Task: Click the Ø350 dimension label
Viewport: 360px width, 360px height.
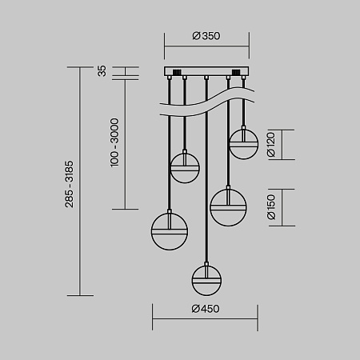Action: pyautogui.click(x=206, y=36)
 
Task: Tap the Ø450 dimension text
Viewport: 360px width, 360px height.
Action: pyautogui.click(x=206, y=309)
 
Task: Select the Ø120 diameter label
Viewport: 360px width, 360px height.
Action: pyautogui.click(x=271, y=145)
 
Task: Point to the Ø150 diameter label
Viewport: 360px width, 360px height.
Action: pyautogui.click(x=271, y=207)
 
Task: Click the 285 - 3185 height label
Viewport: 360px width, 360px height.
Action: pyautogui.click(x=70, y=184)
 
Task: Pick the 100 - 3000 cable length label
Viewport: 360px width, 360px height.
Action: pyautogui.click(x=114, y=142)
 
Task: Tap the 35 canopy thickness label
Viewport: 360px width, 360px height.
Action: pyautogui.click(x=102, y=71)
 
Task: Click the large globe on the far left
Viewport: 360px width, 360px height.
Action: pyautogui.click(x=170, y=231)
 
